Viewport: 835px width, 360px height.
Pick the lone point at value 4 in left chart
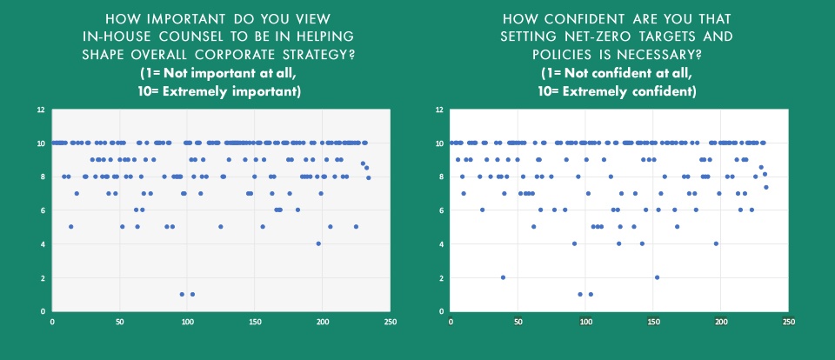318,243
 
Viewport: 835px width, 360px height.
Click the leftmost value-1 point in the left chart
182,294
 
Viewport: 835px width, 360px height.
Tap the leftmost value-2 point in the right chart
503,277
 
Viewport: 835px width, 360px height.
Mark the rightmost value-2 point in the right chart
657,277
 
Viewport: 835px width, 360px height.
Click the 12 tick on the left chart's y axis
40,110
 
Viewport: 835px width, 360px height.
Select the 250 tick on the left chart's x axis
391,321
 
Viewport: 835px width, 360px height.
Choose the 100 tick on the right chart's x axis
585,321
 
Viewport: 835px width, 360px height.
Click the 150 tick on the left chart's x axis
255,321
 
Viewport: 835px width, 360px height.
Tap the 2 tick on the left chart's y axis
43,277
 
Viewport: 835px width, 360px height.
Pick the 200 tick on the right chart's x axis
720,321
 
